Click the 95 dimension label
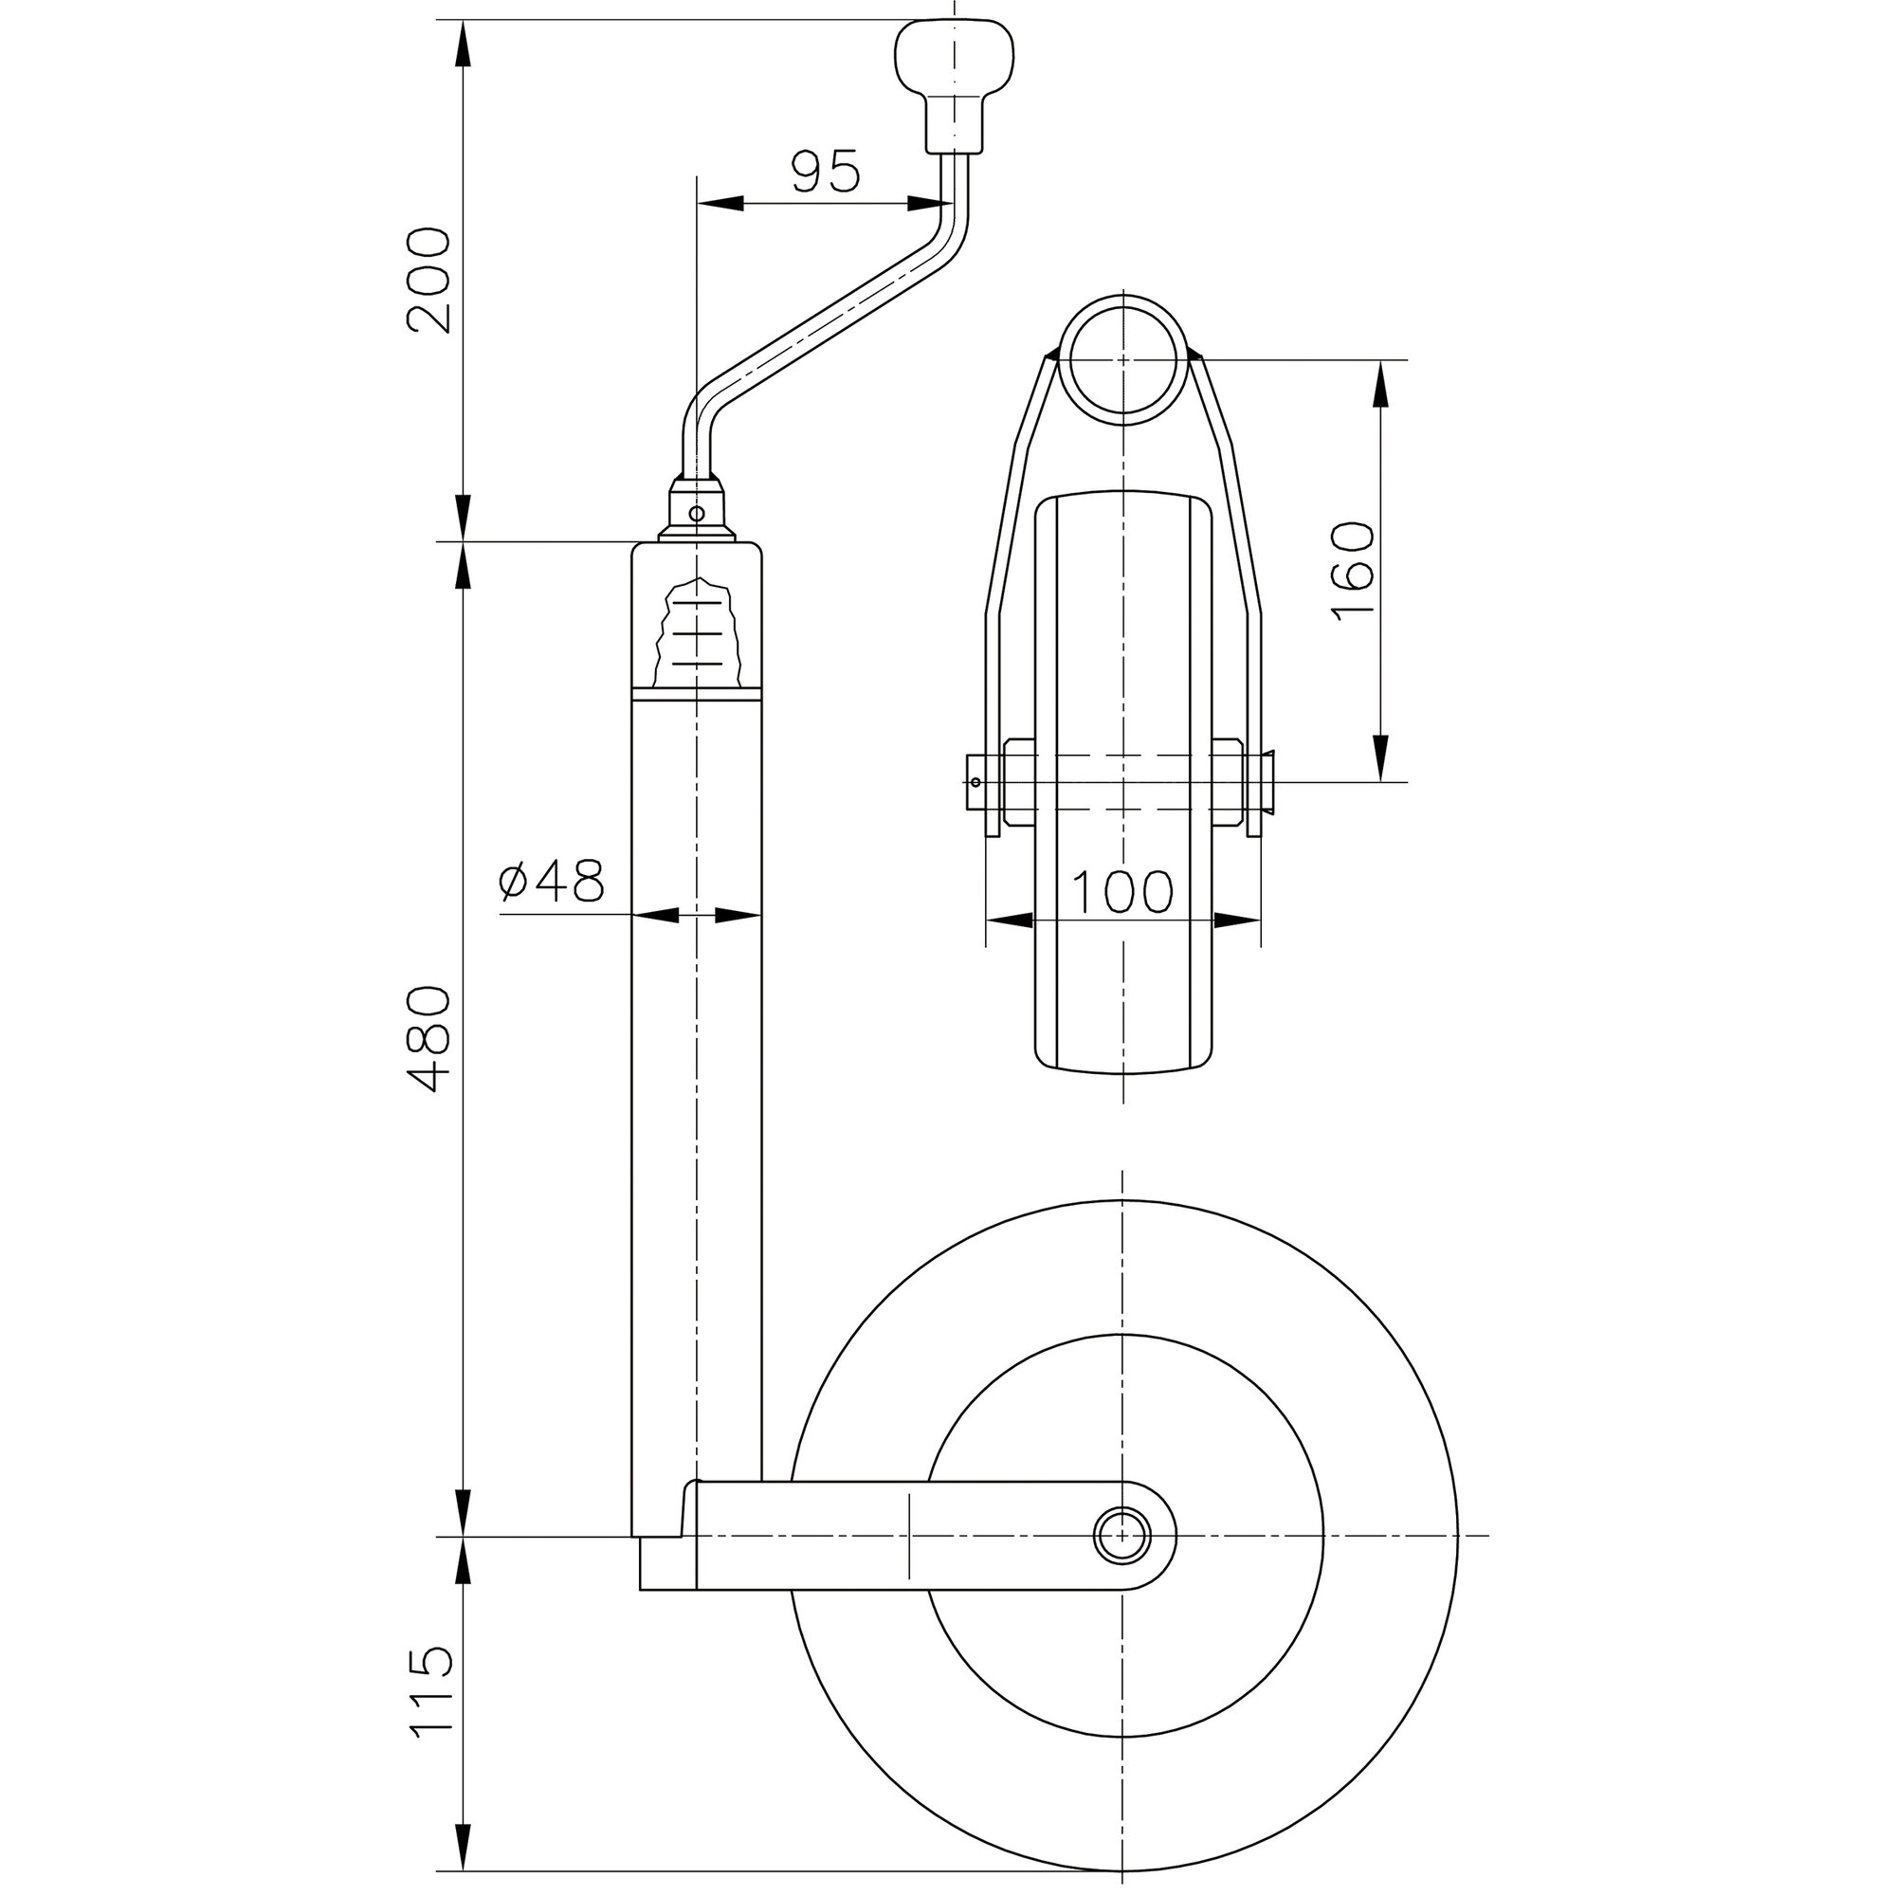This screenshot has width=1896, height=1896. pyautogui.click(x=826, y=172)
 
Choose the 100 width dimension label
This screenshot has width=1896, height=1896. pyautogui.click(x=1121, y=892)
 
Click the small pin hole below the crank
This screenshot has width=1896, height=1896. pyautogui.click(x=697, y=513)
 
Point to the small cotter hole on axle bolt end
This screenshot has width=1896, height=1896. pyautogui.click(x=976, y=782)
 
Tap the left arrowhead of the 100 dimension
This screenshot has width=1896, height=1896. pyautogui.click(x=1009, y=921)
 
